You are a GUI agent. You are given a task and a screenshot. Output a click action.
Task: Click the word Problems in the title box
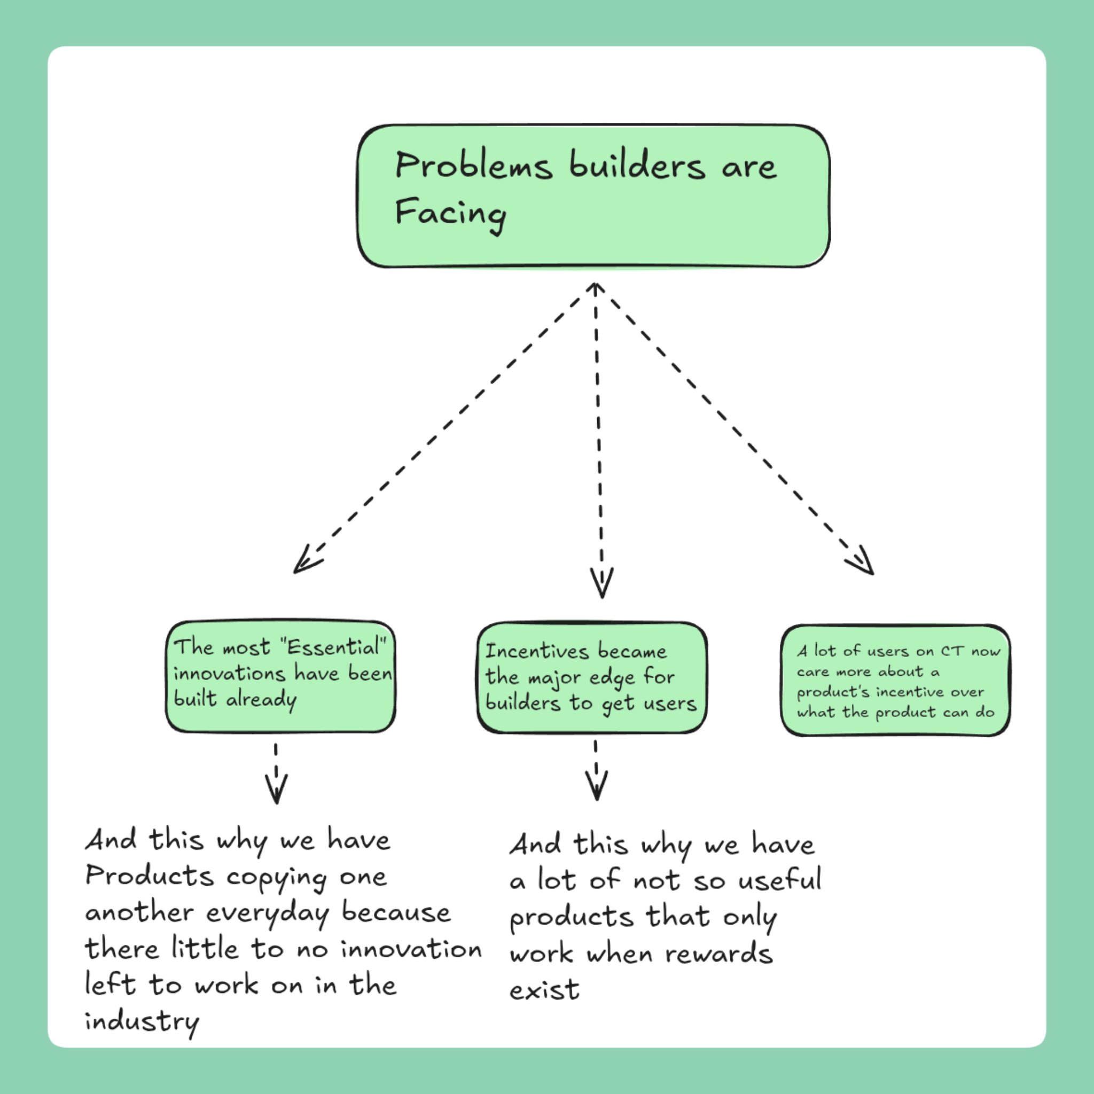pos(473,167)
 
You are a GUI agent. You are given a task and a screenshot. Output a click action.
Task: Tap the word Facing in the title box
pos(451,214)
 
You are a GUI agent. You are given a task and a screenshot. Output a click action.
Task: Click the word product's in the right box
pos(832,692)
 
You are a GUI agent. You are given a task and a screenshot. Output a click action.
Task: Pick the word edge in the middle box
pos(612,678)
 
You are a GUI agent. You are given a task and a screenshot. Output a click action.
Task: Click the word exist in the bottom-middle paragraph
pos(544,991)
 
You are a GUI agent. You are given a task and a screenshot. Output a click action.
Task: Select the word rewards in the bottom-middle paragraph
pos(718,955)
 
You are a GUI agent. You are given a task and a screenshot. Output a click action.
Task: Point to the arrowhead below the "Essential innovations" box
pos(276,792)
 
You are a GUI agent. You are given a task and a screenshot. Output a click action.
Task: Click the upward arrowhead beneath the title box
pos(595,288)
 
